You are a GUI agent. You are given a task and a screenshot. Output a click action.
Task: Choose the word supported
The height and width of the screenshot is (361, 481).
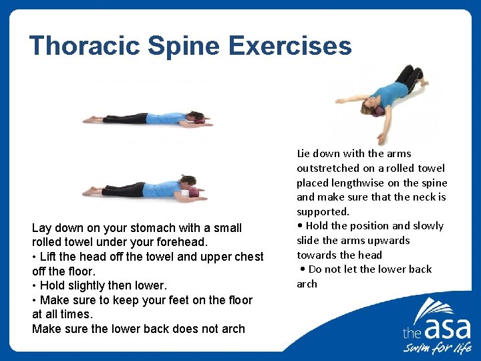pyautogui.click(x=323, y=211)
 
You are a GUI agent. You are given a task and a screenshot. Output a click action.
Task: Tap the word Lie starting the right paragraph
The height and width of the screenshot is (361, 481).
pyautogui.click(x=305, y=153)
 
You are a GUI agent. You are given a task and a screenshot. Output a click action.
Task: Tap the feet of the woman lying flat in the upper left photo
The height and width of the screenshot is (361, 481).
pyautogui.click(x=90, y=119)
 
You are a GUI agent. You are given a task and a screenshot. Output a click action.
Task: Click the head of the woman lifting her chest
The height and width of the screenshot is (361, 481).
pyautogui.click(x=188, y=182)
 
